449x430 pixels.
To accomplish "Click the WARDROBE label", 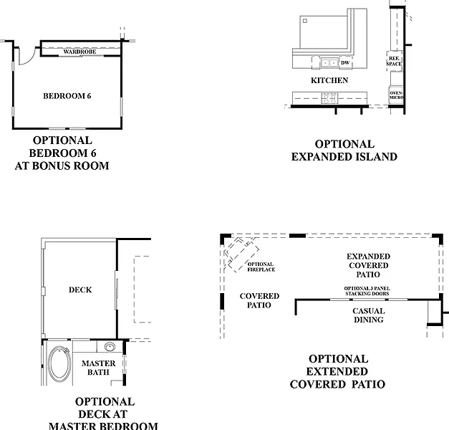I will pos(79,52).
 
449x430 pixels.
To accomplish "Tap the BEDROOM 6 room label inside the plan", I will pos(67,95).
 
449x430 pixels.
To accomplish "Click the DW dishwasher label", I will pos(345,63).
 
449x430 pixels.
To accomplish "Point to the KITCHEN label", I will pos(329,80).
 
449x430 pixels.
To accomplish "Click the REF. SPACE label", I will pos(394,61).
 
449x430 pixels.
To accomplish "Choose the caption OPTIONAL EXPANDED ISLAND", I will pos(344,150).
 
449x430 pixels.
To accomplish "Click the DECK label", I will pos(79,290).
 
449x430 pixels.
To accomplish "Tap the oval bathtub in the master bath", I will pos(57,365).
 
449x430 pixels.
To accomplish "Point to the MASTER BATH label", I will pos(98,368).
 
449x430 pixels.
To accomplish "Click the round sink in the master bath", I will pos(110,348).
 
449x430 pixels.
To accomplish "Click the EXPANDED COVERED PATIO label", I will pos(368,265).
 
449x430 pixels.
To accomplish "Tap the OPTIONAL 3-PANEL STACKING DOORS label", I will pos(367,291).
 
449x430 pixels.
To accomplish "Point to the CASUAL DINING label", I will pos(369,315).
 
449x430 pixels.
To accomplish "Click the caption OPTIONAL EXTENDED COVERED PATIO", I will pos(337,371).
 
